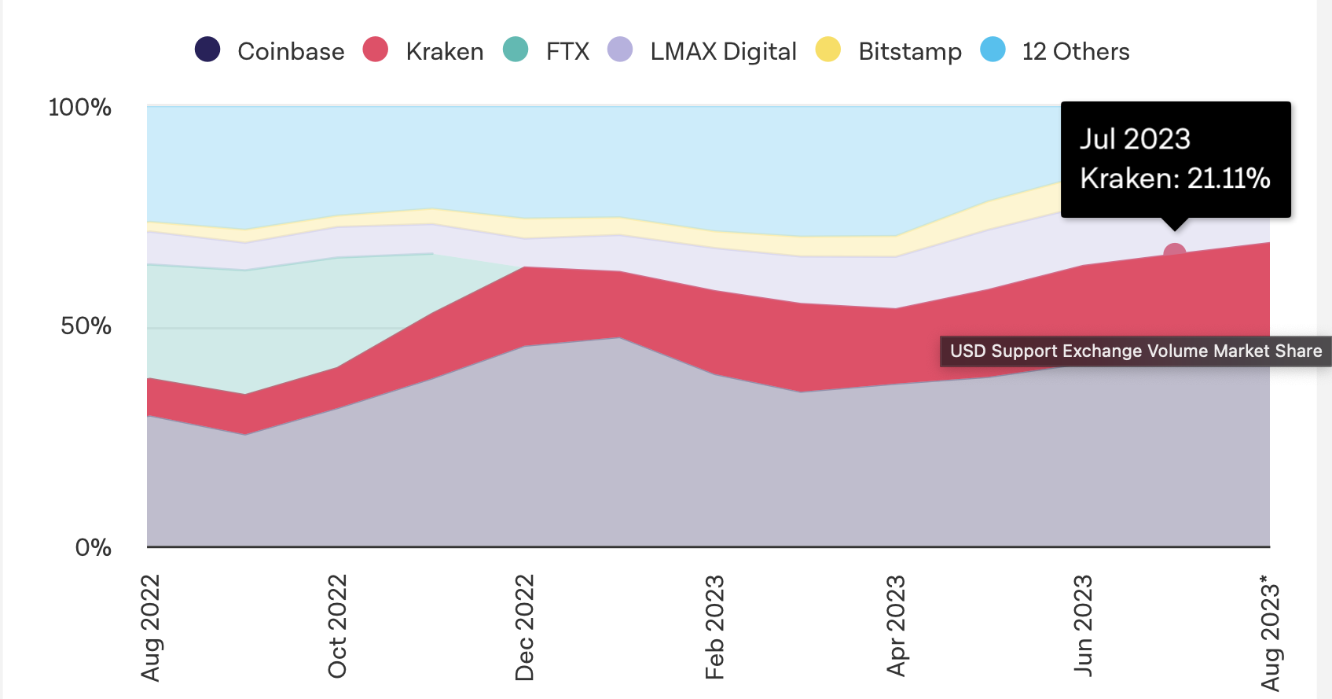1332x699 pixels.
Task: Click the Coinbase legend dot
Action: [x=207, y=50]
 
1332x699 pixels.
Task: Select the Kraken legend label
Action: [x=444, y=52]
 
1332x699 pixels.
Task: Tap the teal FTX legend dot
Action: [x=516, y=50]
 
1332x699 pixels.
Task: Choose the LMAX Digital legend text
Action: [x=723, y=52]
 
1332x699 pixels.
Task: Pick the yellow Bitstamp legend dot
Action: [x=828, y=50]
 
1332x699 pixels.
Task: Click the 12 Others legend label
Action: [x=1075, y=52]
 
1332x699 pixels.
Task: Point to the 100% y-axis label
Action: [x=80, y=108]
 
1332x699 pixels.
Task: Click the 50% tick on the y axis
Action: [x=86, y=326]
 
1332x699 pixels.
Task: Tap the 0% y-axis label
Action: [x=94, y=548]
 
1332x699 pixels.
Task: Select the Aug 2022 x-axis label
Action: [x=150, y=627]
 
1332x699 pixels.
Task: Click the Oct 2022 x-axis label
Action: [x=337, y=626]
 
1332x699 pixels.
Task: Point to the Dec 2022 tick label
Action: [x=524, y=627]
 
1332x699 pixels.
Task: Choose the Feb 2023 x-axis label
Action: [x=714, y=627]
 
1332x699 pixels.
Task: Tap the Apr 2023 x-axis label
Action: [x=896, y=626]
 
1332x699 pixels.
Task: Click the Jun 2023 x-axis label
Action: [x=1083, y=625]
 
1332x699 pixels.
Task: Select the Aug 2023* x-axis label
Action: [x=1270, y=633]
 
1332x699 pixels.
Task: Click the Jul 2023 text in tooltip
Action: [x=1135, y=139]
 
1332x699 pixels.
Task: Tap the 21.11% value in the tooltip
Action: [x=1228, y=178]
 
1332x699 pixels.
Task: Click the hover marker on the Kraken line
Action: [x=1175, y=254]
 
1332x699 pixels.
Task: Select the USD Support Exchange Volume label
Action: [x=1136, y=351]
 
